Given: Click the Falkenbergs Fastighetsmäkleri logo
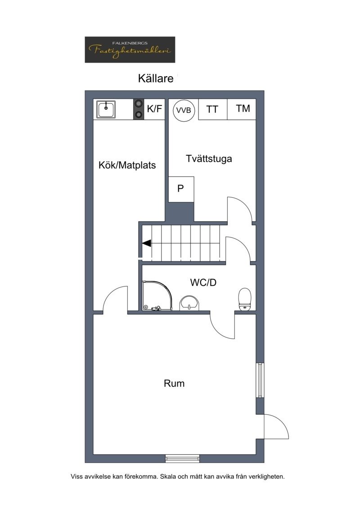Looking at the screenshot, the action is coord(130,50).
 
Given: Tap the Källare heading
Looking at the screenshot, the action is coord(155,78).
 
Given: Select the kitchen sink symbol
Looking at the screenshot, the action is coord(106,109).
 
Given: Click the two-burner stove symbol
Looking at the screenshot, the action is coord(138,109).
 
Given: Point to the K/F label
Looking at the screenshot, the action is coord(154,109).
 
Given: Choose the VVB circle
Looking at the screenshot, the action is coord(184,110).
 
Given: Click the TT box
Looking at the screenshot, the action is coord(212,109).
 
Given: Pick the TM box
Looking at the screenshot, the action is coord(243,109).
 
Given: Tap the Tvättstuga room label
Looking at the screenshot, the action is coord(209,159).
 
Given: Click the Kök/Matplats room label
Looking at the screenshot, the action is coord(127,165).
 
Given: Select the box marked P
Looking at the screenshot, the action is coord(181,189).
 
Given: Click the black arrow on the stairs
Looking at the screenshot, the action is coord(147,243).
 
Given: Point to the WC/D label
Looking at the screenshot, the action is coord(203,282).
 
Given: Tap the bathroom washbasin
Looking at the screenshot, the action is coord(189,303).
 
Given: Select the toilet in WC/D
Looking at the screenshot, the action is coord(245,299).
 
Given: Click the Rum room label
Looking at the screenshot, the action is coord(174,383).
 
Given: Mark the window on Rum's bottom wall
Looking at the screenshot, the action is coord(182,458).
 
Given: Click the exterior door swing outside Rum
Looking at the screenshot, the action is coord(276,426).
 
